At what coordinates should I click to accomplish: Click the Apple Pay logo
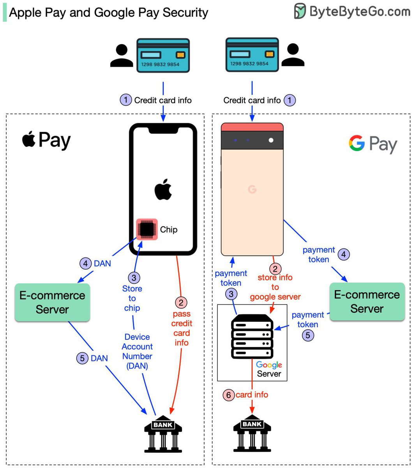point(46,140)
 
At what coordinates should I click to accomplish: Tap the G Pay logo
point(372,144)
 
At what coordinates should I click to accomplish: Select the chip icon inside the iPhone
point(146,229)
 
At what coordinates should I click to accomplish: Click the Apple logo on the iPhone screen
point(163,190)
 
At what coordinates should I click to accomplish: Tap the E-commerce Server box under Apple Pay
point(52,302)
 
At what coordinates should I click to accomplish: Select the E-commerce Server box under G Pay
point(367,301)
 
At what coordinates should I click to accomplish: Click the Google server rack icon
point(252,338)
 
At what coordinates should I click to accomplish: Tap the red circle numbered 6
point(229,395)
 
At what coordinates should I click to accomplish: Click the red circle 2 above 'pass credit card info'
point(181,302)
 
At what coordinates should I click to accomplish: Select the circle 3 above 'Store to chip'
point(134,278)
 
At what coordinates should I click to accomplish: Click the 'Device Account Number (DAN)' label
point(137,351)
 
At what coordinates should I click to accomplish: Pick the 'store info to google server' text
point(275,287)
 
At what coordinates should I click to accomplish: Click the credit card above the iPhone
point(163,55)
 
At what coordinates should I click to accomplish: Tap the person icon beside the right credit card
point(293,55)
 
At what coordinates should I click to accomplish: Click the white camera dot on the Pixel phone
point(271,140)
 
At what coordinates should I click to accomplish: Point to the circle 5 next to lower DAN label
point(82,358)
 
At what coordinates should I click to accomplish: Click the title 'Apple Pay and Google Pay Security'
point(108,12)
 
